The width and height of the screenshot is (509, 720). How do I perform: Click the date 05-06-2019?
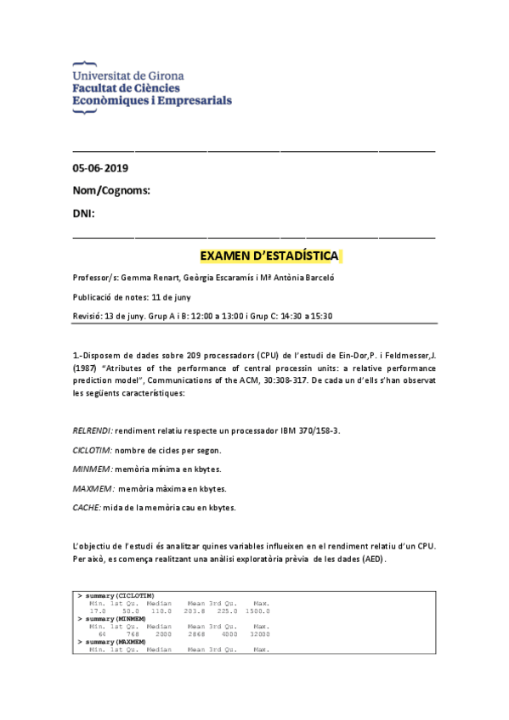100,168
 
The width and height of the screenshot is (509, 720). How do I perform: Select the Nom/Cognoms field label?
111,190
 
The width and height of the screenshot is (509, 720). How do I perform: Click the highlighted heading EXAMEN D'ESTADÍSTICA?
269,256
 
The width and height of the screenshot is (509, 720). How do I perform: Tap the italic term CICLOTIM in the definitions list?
92,450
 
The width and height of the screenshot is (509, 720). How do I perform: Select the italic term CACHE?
87,508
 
